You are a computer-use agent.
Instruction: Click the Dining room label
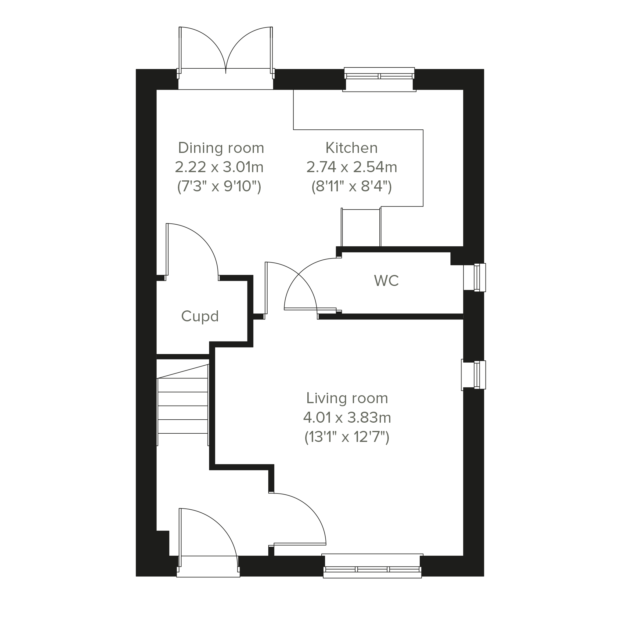tap(221, 148)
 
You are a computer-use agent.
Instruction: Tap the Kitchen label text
tap(352, 148)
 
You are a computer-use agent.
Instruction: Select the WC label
tap(386, 280)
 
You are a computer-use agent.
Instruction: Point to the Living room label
tap(347, 398)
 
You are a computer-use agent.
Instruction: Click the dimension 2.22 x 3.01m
tap(219, 167)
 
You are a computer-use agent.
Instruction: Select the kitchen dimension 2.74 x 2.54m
tap(352, 167)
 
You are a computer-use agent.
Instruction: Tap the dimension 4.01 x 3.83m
tap(347, 418)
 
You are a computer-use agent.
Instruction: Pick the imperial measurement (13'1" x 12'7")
tap(347, 437)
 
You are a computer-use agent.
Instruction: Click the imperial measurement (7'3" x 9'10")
tap(219, 186)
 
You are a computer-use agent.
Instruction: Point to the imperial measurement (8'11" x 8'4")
tap(352, 186)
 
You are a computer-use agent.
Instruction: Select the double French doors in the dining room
tap(226, 53)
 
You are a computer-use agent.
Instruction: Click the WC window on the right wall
tap(475, 277)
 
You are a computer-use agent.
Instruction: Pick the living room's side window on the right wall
tap(473, 375)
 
